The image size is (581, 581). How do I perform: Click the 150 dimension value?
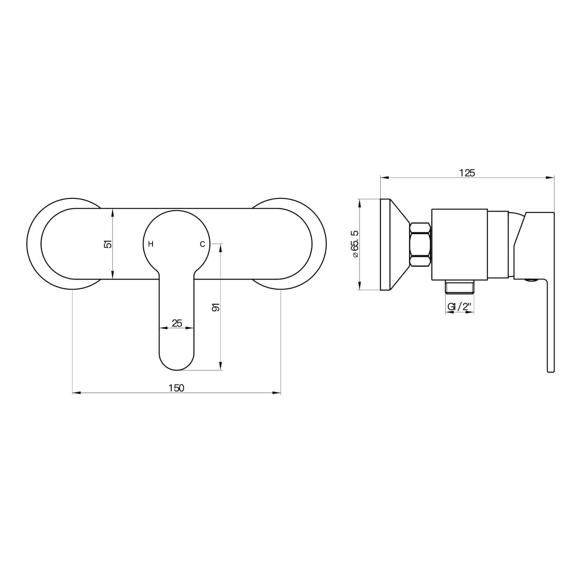click(x=177, y=388)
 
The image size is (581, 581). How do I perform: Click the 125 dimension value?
click(x=467, y=173)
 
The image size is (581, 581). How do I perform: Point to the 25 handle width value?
click(x=177, y=323)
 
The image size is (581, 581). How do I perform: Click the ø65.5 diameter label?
click(x=355, y=244)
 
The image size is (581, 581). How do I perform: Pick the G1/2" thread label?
click(x=459, y=307)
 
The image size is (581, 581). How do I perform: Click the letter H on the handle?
click(x=151, y=244)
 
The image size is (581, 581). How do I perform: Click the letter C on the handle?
click(x=203, y=244)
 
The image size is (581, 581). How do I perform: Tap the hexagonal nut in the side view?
click(x=420, y=244)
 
